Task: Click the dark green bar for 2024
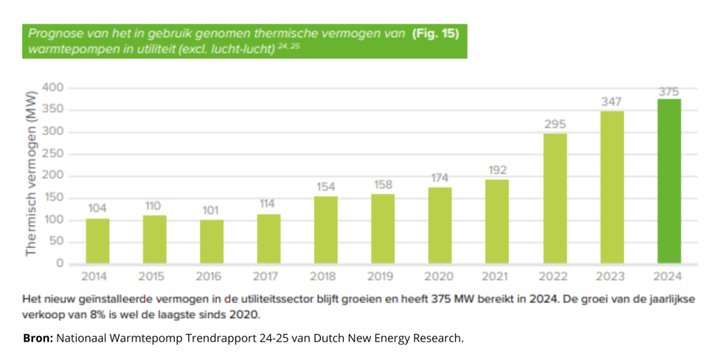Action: (x=669, y=181)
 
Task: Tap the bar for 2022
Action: (x=555, y=199)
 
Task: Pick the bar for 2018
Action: (x=326, y=230)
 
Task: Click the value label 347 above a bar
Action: (x=612, y=103)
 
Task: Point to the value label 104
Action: (x=98, y=209)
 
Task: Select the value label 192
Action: (x=497, y=170)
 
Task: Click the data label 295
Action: (x=555, y=124)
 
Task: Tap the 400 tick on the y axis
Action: (x=53, y=88)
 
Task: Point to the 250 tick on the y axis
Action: (x=53, y=154)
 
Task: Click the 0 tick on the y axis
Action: (x=60, y=264)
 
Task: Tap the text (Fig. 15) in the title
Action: (x=436, y=33)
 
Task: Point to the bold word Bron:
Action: (x=38, y=338)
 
